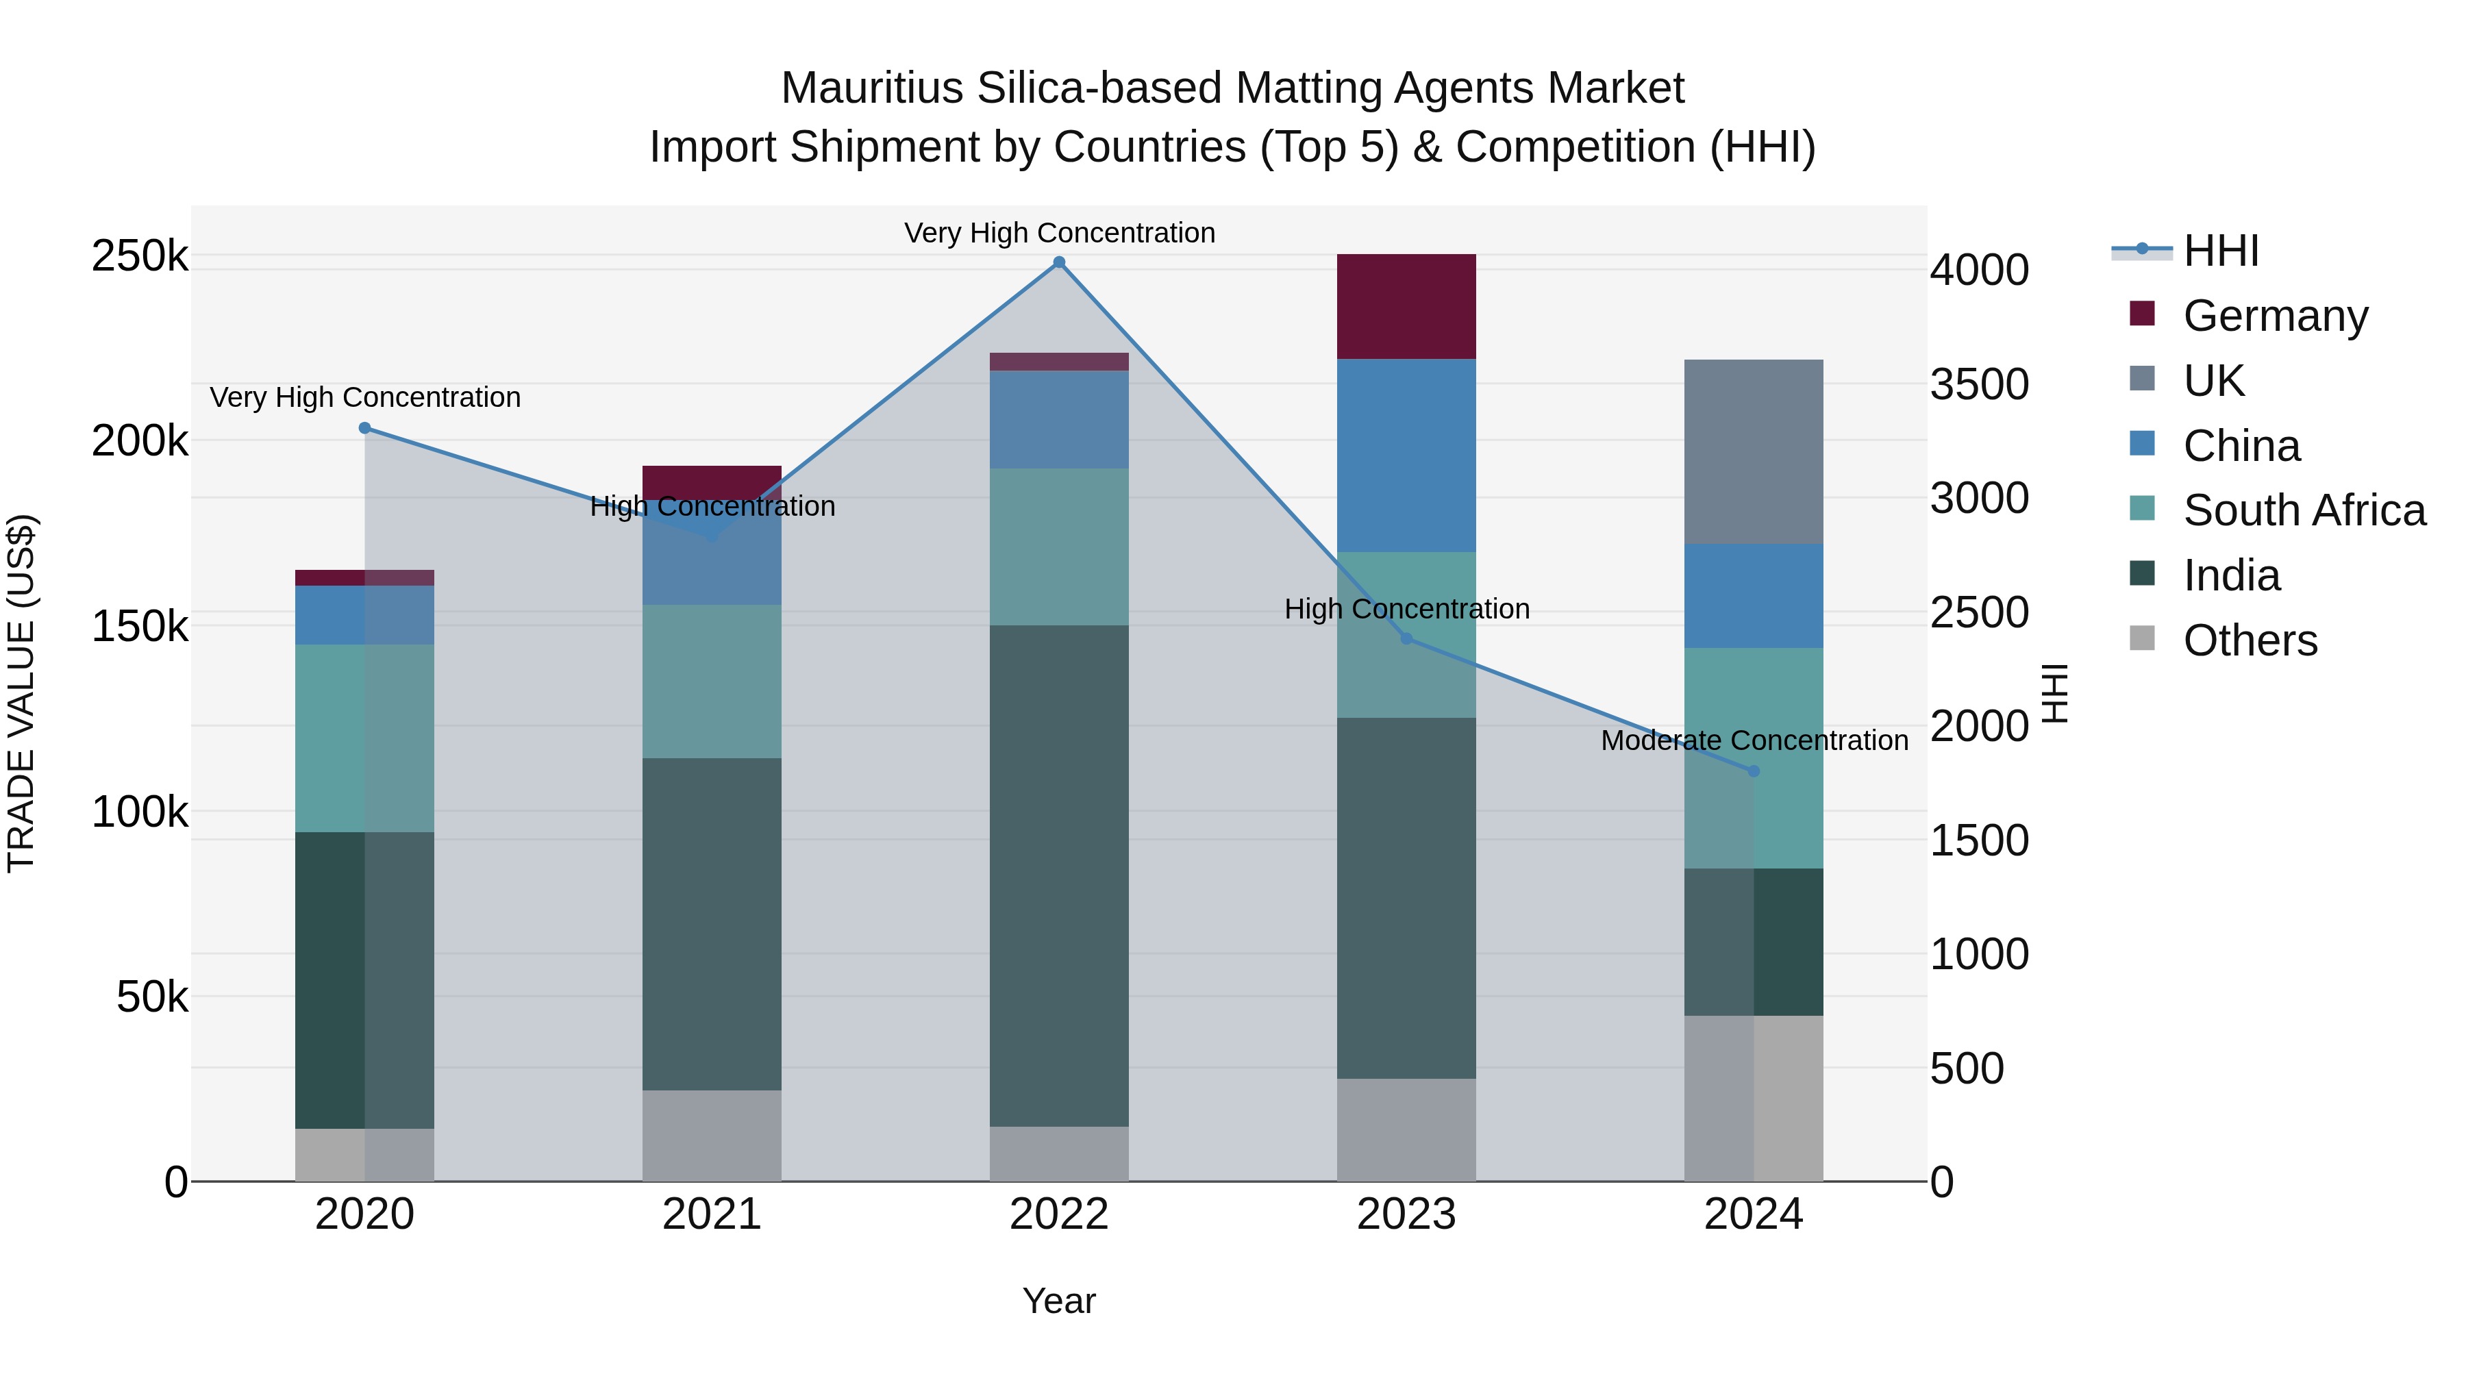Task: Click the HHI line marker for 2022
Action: [x=1059, y=262]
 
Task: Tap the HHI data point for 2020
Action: [x=364, y=428]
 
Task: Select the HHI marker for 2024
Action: [x=1754, y=771]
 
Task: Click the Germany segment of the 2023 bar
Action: [x=1406, y=306]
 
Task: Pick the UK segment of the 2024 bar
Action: [x=1754, y=452]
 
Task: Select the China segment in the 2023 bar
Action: [x=1406, y=455]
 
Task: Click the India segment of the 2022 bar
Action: [x=1059, y=876]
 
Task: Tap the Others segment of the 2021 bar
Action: [x=711, y=1135]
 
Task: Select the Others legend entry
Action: [x=2250, y=640]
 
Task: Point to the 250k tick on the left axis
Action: [x=140, y=257]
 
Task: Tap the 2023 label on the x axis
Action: [x=1406, y=1214]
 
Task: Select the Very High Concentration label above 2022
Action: [x=1059, y=233]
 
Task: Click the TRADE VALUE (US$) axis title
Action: [x=21, y=693]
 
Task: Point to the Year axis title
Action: [x=1059, y=1301]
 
